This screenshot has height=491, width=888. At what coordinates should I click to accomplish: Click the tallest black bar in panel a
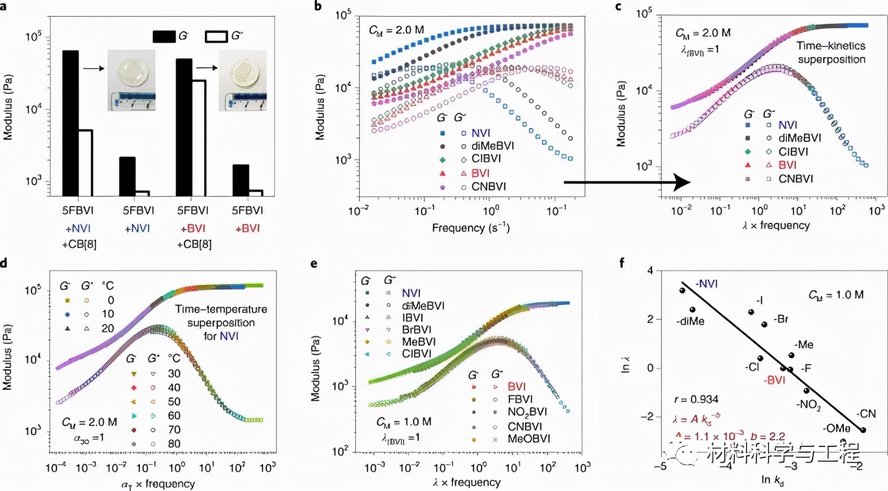point(70,122)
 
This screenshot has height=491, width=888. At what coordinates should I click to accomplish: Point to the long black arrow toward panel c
point(622,183)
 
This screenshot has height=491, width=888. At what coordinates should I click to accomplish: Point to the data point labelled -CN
point(863,429)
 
